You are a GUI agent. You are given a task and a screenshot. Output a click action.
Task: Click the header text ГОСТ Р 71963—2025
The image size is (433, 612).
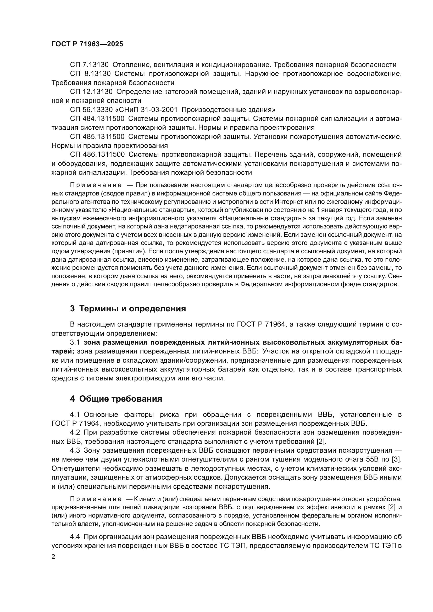coord(87,44)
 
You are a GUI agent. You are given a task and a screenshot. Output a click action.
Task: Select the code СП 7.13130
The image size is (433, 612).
coord(89,65)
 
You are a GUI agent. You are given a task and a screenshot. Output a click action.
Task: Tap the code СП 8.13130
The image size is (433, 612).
coord(89,74)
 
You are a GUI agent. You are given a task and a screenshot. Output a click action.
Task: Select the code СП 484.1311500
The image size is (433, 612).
coord(97,119)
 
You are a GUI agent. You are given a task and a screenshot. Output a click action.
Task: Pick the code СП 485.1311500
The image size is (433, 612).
coord(97,137)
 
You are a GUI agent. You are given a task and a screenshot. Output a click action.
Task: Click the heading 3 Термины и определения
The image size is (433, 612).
coord(128,309)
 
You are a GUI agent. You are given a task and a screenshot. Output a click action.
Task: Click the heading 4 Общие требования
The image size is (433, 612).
coord(116,406)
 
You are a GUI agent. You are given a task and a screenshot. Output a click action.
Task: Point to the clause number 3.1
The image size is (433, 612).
coord(75,343)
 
